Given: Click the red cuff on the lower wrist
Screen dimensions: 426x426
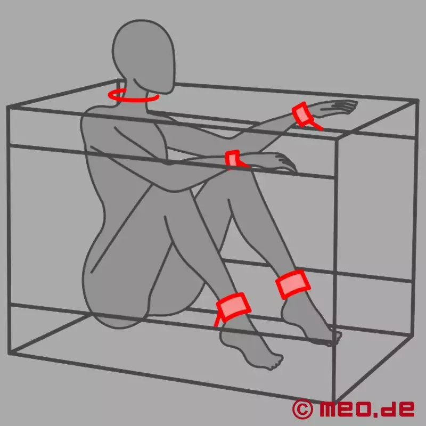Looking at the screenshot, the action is coord(232,159).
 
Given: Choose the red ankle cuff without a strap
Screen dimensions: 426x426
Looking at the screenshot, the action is coord(292,284).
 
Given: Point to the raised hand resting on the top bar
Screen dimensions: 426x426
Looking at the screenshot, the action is coord(334,108).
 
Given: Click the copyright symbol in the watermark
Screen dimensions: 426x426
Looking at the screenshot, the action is coord(302,409).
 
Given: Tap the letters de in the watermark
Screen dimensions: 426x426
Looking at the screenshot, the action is coord(398,408).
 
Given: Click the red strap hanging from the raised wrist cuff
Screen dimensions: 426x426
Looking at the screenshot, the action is coord(316,125).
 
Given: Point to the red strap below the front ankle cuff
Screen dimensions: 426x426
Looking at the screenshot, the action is coord(217,319).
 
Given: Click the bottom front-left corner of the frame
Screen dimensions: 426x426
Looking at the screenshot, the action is coord(10,353).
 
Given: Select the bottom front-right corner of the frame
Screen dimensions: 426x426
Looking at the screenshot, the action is coord(334,402).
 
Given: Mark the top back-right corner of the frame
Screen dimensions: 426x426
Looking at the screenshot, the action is coord(417,101).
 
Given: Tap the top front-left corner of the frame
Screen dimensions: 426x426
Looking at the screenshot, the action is coord(9,108).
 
